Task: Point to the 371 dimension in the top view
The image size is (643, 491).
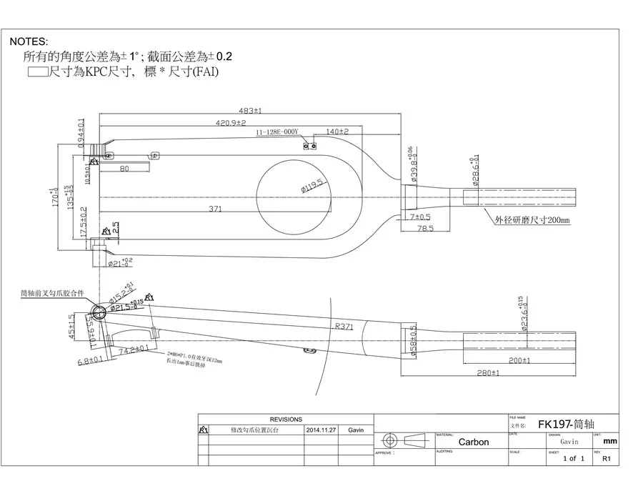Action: pos(215,209)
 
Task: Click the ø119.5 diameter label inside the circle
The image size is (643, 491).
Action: pos(311,186)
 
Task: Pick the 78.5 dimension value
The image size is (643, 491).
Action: pos(426,229)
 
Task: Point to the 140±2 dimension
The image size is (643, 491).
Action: pos(337,132)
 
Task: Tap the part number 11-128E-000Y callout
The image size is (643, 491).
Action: pos(278,133)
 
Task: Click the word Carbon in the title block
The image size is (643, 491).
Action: pos(473,442)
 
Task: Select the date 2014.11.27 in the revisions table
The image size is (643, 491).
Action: pos(321,430)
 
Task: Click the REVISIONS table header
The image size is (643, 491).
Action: pos(285,420)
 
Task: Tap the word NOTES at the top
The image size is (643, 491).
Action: pos(29,42)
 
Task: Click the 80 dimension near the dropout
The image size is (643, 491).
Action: pos(124,169)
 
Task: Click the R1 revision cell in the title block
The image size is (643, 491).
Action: pos(607,459)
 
